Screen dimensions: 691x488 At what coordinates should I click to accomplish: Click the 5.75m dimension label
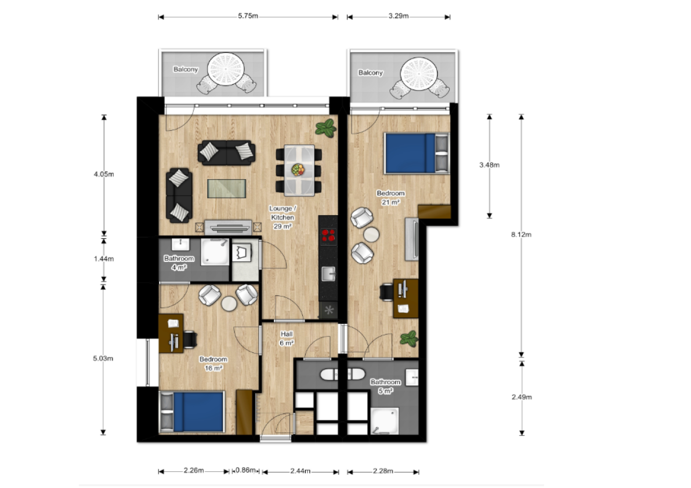(x=248, y=16)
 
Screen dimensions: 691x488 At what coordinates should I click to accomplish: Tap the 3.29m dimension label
(x=399, y=16)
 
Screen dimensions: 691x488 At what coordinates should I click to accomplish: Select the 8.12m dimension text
(x=521, y=235)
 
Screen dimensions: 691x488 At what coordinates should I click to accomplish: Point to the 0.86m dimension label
(x=245, y=470)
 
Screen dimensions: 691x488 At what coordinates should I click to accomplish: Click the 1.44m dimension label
(x=103, y=258)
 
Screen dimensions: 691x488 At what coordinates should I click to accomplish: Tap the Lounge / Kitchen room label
(x=283, y=213)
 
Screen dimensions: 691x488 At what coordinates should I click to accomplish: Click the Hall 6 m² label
(x=287, y=338)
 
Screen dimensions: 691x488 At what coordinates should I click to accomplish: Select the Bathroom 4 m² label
(x=179, y=263)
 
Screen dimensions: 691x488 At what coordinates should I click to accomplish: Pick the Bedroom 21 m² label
(x=390, y=198)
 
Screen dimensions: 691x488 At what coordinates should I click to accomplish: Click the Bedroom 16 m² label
(x=214, y=363)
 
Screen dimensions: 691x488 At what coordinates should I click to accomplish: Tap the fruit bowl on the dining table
(x=298, y=169)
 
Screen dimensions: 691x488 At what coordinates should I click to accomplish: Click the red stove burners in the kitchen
(x=328, y=236)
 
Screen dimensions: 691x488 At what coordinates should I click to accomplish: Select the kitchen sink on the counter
(x=328, y=273)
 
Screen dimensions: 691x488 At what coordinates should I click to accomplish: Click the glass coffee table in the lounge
(x=226, y=188)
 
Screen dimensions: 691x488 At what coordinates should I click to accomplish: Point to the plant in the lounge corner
(x=325, y=128)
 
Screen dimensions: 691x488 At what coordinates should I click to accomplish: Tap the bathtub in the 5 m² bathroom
(x=342, y=374)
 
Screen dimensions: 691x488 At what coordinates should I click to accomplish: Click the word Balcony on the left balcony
(x=186, y=69)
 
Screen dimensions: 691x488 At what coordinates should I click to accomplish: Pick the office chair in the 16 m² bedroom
(x=190, y=339)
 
